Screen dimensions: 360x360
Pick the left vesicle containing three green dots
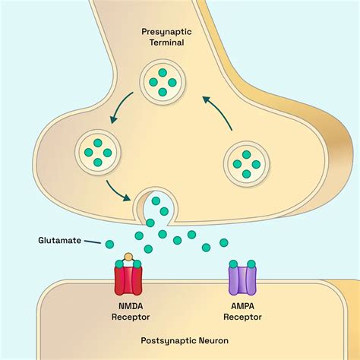tap(98, 149)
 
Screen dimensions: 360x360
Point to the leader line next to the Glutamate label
tap(93, 242)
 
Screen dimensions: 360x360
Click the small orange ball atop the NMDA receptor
tap(129, 257)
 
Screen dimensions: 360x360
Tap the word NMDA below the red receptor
tap(129, 307)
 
